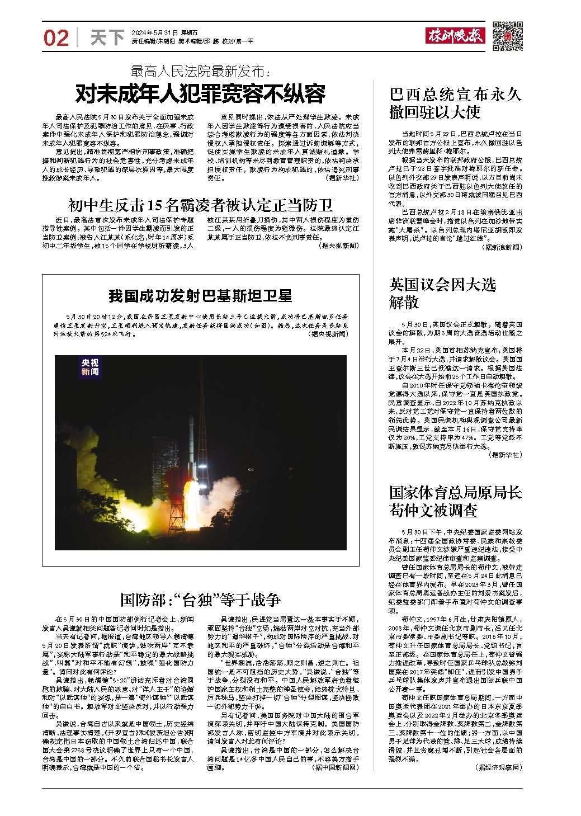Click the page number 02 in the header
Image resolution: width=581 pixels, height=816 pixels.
[56, 37]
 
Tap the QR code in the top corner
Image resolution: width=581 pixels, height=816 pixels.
[507, 36]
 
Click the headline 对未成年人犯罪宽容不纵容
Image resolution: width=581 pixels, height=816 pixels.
[201, 94]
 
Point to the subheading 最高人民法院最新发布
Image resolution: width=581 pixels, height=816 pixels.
[201, 72]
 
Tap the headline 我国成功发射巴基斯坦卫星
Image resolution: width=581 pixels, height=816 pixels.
[200, 295]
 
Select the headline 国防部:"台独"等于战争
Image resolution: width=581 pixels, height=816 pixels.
[201, 600]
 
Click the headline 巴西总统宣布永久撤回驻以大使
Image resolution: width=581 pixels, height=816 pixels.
[455, 103]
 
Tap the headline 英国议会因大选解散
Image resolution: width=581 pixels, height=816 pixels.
[442, 294]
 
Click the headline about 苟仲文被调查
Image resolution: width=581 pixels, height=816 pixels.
[455, 501]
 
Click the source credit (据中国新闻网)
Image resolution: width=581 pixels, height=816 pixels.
[335, 767]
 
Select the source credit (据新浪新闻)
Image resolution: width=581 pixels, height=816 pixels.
[503, 247]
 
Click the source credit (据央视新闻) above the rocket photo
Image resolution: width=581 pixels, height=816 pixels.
[327, 333]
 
